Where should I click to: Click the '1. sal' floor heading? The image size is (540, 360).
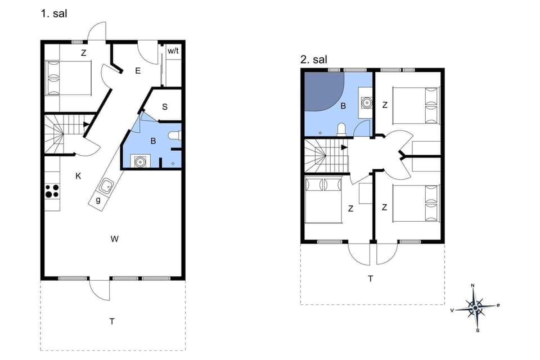point(53,13)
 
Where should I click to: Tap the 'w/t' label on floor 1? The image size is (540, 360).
point(173,51)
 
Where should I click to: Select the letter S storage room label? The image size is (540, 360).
point(165,107)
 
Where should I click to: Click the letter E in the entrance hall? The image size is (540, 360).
point(137,71)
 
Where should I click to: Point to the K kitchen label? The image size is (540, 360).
point(78,176)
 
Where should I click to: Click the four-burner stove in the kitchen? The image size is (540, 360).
point(52,191)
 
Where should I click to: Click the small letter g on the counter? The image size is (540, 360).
point(98,200)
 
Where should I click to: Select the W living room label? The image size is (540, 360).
point(114,239)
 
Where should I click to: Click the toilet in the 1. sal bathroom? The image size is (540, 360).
point(175,136)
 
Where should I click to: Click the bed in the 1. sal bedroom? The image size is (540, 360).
point(68,78)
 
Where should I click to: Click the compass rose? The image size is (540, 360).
point(475,307)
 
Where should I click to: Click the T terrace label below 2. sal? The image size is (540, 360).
point(370,278)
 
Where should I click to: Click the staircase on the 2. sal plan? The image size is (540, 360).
point(323,156)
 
